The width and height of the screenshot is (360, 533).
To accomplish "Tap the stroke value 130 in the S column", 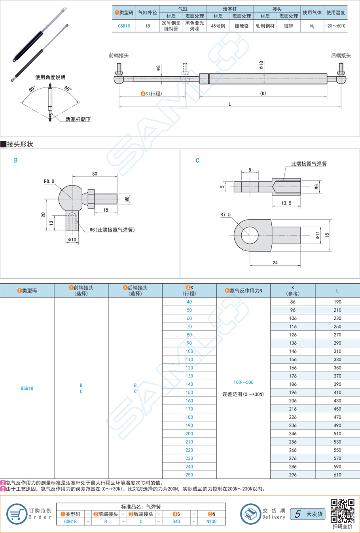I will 189,376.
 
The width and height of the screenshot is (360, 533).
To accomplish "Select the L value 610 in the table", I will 337,475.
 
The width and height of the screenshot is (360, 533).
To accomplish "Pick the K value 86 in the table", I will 293,302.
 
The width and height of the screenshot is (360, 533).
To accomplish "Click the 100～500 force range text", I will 243,383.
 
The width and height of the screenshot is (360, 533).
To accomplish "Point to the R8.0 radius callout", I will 49,182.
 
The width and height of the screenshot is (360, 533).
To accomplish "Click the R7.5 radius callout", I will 225,215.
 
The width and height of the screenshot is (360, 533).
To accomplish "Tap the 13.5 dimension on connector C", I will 286,203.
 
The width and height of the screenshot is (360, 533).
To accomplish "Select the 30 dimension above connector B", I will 95,174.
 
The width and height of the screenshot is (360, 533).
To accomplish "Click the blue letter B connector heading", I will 16,161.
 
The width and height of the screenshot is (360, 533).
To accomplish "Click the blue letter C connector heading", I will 197,161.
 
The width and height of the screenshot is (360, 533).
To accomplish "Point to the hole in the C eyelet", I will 250,235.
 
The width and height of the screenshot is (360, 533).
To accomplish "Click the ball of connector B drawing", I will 70,197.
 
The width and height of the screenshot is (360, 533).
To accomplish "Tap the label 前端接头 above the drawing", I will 119,56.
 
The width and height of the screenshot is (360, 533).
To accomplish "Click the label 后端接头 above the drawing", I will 341,56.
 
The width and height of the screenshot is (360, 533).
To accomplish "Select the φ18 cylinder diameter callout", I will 261,65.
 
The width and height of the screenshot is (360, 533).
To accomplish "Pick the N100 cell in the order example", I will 211,522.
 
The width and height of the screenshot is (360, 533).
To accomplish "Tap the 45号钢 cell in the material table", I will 218,26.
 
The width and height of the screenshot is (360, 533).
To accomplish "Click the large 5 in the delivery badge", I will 297,514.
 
